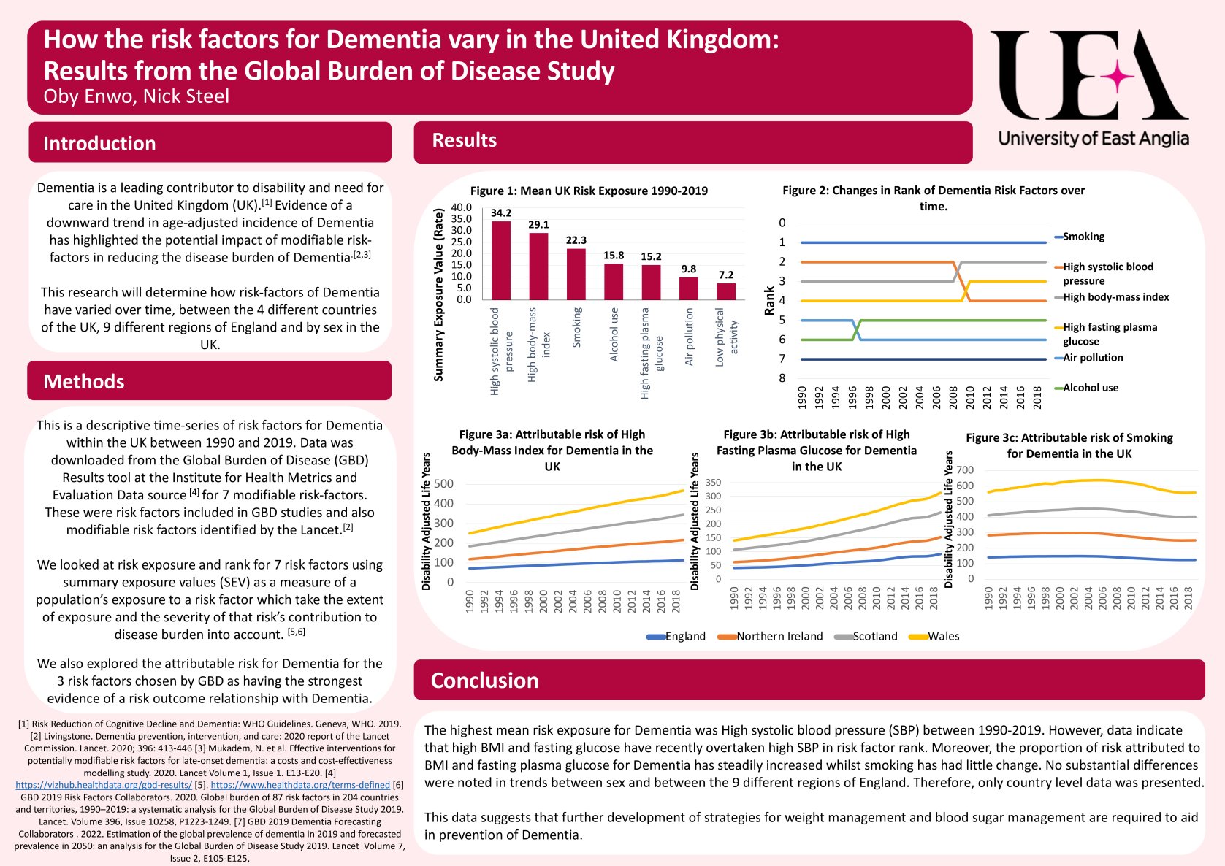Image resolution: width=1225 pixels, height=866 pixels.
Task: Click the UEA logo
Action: tap(1091, 88)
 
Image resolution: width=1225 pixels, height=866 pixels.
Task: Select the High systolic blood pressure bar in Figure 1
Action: tap(500, 260)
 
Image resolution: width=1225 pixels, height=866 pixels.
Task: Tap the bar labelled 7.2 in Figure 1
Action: tap(725, 291)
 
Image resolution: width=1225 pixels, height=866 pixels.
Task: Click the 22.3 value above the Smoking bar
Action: tap(576, 240)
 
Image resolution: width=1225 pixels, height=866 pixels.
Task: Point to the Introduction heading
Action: tap(99, 143)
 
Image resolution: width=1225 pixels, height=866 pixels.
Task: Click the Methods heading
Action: tap(84, 381)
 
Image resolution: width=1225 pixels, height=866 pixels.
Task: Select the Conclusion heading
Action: tap(484, 681)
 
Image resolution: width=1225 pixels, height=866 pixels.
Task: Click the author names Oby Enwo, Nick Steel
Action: tap(136, 96)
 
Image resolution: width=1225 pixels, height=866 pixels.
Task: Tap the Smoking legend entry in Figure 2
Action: tap(1083, 237)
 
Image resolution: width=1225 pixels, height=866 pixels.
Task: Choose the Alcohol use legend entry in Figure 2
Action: tap(1090, 388)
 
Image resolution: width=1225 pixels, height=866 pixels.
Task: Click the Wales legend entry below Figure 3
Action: tap(942, 636)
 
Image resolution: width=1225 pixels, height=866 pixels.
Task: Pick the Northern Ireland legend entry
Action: tap(779, 636)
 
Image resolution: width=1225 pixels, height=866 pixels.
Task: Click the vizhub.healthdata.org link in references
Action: tap(104, 785)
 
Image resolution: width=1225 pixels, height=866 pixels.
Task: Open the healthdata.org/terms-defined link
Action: tap(300, 785)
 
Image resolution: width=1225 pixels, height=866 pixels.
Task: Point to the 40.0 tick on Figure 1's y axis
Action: tap(462, 207)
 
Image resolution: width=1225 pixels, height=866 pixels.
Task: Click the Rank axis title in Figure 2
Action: tap(769, 300)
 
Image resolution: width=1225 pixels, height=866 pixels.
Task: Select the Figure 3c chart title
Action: tap(1069, 445)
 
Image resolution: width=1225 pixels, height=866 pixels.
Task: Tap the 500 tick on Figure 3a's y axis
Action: tap(443, 483)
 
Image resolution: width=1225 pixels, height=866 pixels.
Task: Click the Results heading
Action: tap(464, 140)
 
